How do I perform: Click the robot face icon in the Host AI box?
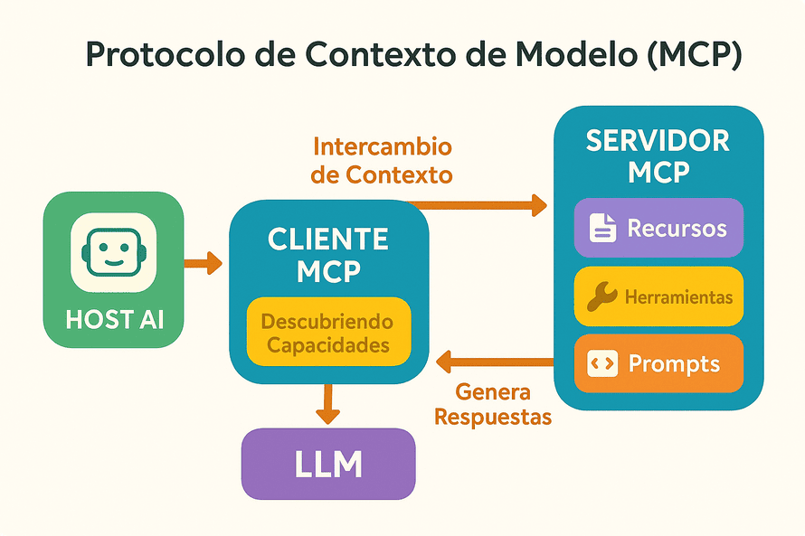[114, 252]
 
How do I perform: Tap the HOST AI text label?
[114, 319]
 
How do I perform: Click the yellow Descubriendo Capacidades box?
[328, 333]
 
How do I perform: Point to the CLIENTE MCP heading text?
[328, 255]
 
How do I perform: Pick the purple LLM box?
[328, 464]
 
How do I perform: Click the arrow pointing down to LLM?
[328, 404]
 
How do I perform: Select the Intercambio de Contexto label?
[381, 160]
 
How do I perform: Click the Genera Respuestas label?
[493, 405]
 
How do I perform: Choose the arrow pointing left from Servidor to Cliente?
[494, 362]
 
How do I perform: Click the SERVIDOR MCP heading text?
[658, 155]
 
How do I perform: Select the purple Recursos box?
[658, 228]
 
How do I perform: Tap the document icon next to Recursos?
[602, 228]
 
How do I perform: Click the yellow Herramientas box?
[658, 296]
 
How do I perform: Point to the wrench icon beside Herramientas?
[601, 296]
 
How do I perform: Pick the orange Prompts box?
[658, 364]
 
